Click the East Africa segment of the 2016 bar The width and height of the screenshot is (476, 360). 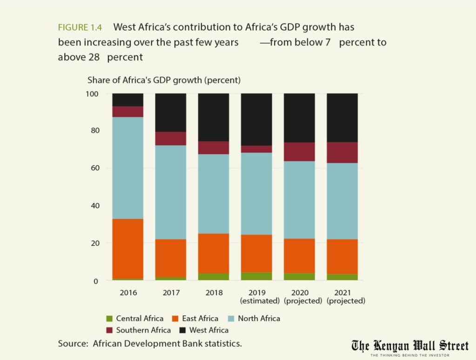[x=128, y=248]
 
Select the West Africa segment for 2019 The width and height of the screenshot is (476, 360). [x=256, y=119]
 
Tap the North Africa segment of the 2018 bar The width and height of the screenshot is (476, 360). [x=214, y=193]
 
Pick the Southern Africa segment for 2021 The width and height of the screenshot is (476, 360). [x=342, y=153]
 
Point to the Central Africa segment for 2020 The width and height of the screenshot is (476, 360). [x=299, y=276]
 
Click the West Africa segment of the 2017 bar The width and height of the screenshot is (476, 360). [x=171, y=113]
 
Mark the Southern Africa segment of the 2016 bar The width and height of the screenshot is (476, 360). [x=128, y=112]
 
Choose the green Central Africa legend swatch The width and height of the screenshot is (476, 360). [x=109, y=319]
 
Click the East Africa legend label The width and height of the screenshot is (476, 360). [x=200, y=319]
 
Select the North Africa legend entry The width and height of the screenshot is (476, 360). [x=259, y=319]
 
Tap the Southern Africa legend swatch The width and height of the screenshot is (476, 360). [x=109, y=330]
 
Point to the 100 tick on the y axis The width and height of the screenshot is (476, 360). [x=92, y=94]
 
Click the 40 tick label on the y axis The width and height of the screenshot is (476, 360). [x=94, y=206]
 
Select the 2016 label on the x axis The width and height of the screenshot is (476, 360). [x=128, y=293]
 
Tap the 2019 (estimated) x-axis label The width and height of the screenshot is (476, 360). [x=256, y=297]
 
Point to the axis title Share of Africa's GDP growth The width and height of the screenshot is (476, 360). [x=164, y=80]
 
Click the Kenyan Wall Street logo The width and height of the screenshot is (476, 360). [x=409, y=347]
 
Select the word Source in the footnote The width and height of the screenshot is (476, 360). [x=72, y=344]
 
